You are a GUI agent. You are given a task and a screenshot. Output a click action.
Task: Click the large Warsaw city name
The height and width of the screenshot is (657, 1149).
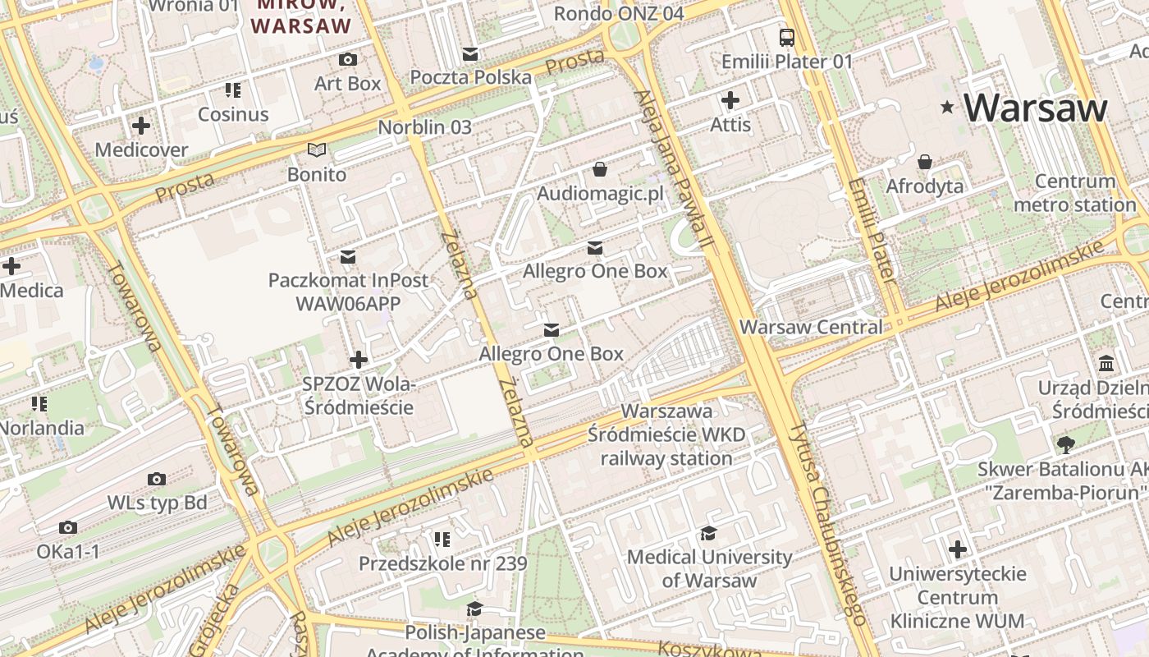point(1036,108)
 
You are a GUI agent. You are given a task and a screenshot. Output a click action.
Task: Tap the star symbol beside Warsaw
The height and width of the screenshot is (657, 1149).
point(948,107)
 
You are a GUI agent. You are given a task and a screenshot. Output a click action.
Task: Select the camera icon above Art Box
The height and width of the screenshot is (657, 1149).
point(348,60)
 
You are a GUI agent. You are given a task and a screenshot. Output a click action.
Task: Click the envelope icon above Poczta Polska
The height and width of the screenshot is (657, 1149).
point(470,54)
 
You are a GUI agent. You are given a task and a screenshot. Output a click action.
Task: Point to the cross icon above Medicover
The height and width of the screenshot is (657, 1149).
point(141,126)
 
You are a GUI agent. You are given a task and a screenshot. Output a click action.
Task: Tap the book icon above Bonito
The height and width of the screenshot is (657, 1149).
point(317,149)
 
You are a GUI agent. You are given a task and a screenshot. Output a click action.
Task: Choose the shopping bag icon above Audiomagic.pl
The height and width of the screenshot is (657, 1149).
point(600,169)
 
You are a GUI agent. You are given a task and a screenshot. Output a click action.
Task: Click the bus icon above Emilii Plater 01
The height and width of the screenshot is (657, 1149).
point(787,37)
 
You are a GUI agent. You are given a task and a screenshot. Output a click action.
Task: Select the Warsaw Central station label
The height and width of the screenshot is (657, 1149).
point(811,327)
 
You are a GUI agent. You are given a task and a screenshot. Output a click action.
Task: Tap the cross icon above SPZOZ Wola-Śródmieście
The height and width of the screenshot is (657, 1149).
point(359,360)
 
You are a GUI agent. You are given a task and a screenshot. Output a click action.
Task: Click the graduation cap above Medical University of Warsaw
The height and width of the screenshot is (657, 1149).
point(709,534)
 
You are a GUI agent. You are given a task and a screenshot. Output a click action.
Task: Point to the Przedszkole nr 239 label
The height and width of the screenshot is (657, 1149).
point(442,564)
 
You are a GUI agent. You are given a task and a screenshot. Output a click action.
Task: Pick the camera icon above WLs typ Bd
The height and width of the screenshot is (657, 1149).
point(157,479)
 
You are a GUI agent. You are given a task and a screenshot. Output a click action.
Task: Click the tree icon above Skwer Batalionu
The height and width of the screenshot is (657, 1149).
point(1065,445)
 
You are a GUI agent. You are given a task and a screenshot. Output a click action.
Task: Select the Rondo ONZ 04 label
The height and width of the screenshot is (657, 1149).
point(619,14)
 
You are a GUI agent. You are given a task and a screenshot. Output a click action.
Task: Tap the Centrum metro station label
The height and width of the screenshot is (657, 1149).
point(1075,193)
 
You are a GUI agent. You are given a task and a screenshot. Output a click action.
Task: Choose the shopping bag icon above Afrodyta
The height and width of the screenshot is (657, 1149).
point(925,162)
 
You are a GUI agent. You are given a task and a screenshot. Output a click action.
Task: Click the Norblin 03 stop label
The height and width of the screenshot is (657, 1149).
point(424,127)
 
